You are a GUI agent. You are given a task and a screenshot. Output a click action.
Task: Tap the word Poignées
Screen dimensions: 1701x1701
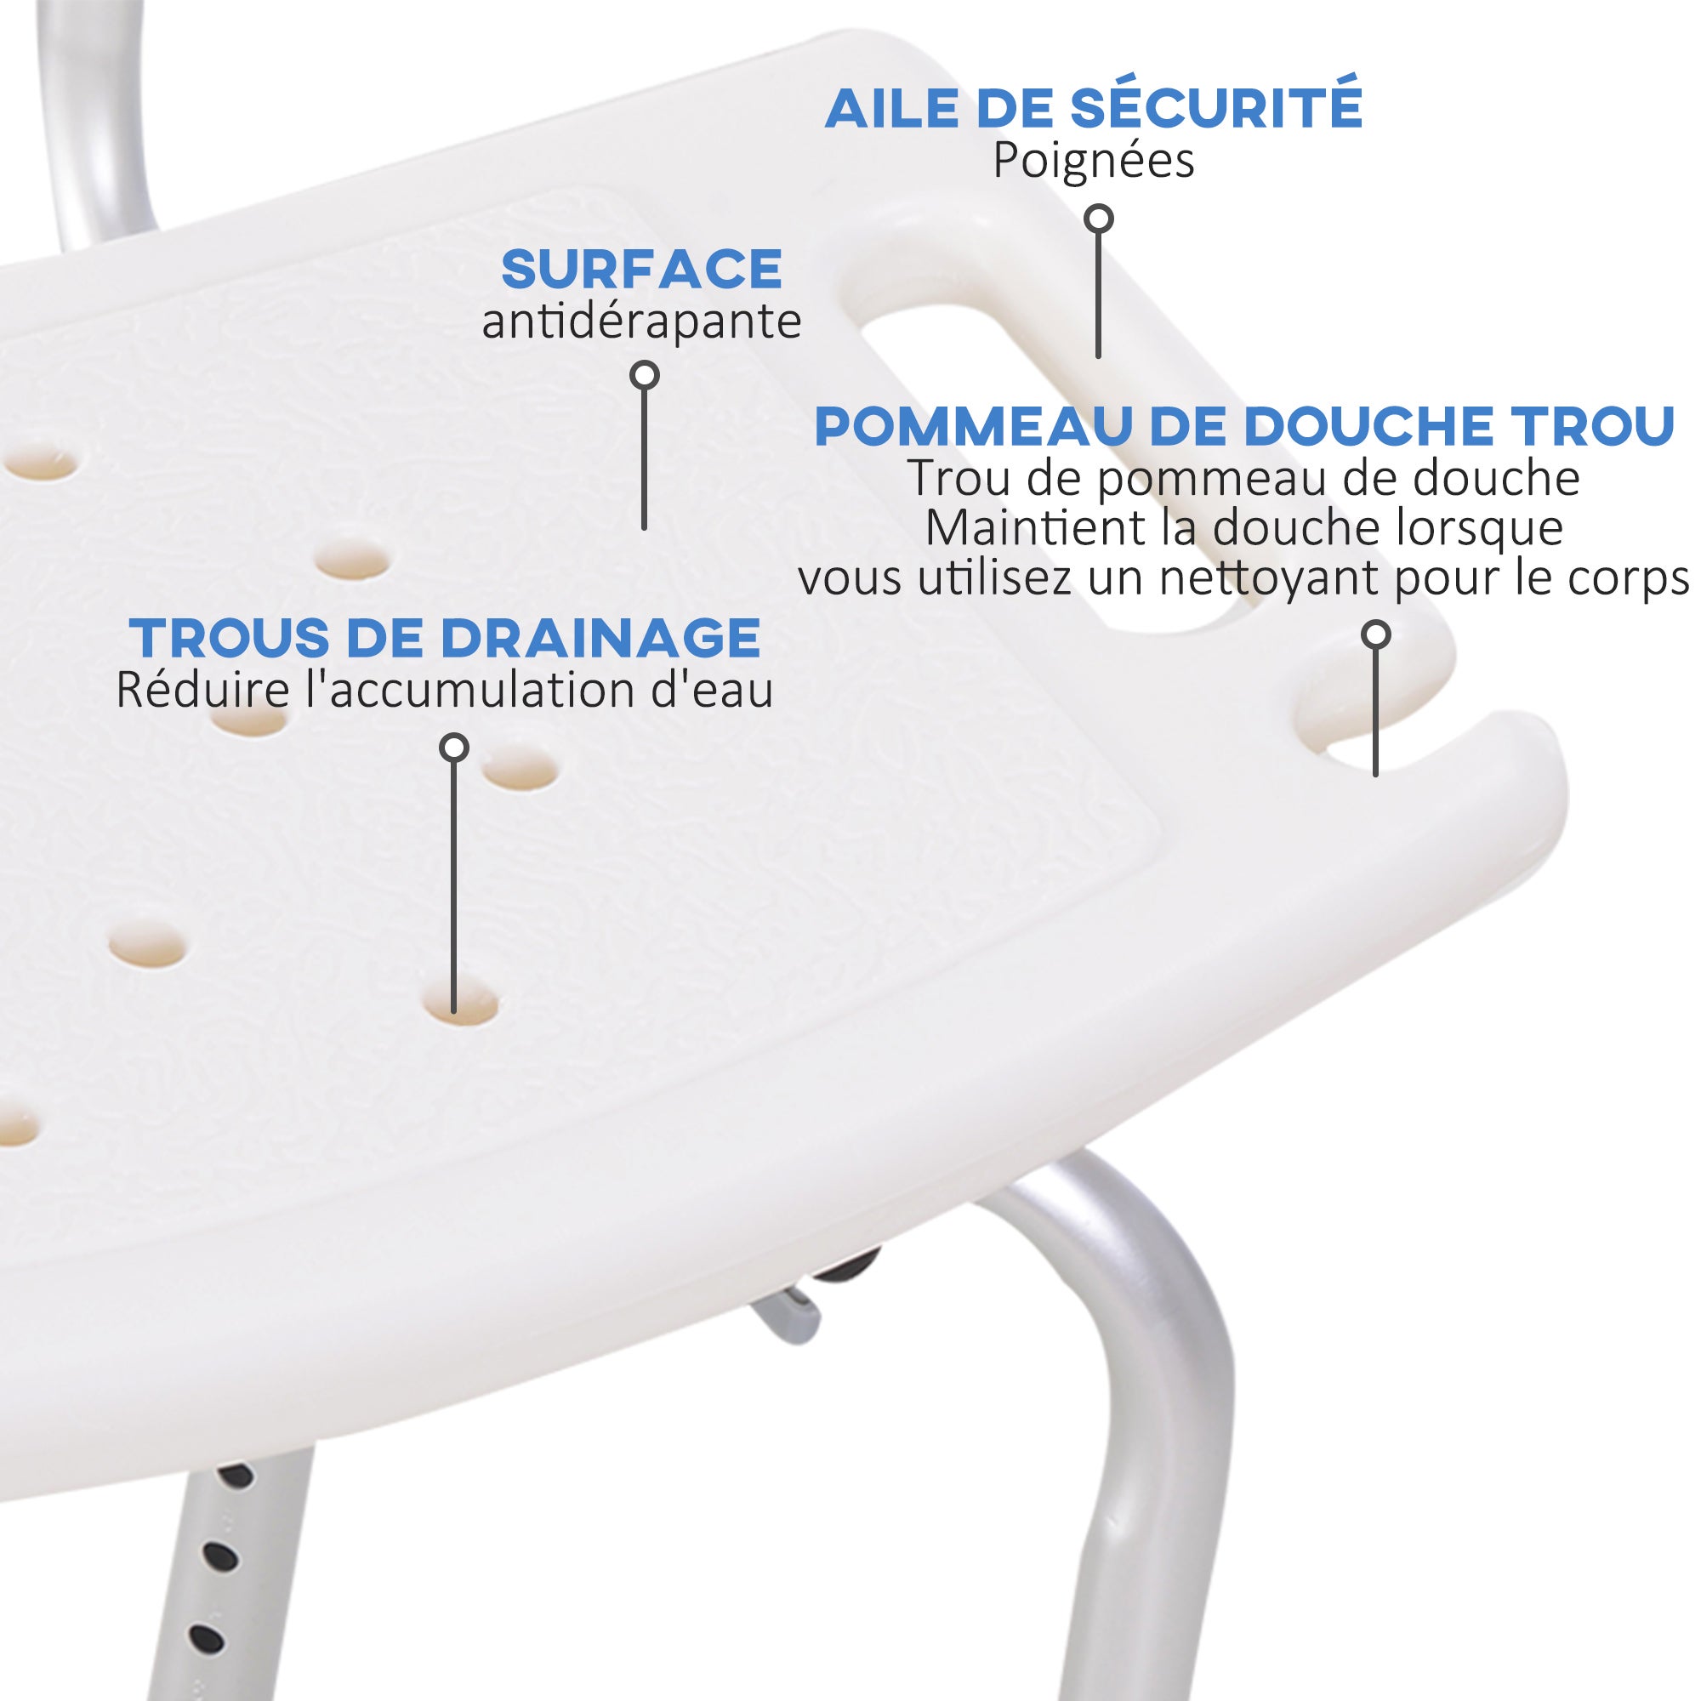[1094, 160]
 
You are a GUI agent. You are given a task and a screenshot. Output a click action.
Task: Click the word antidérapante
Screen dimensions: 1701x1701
[642, 321]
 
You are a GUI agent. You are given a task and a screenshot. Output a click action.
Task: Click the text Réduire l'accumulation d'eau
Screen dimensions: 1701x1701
[446, 691]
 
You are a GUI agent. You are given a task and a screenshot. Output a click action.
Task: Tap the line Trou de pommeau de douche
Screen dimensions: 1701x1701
[1244, 478]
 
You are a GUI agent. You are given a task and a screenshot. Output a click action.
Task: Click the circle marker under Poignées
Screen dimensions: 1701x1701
[1099, 219]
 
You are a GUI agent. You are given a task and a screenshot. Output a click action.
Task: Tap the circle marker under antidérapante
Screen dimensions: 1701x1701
[646, 376]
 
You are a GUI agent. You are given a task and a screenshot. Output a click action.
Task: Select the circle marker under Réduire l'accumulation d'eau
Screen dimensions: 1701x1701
[453, 748]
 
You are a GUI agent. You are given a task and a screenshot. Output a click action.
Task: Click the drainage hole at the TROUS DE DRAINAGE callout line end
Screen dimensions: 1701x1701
[460, 1004]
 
